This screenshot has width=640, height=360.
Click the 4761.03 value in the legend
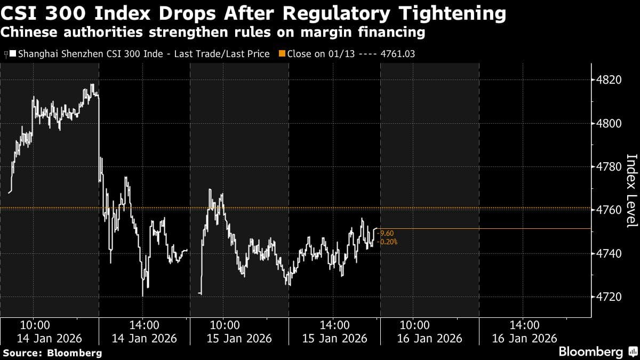396,54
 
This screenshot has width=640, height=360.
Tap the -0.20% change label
388,242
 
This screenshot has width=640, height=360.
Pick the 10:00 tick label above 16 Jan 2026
415,325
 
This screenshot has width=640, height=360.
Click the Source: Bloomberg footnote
52,353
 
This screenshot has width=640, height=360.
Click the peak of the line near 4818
92,85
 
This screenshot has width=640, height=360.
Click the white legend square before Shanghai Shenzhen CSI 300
13,54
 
